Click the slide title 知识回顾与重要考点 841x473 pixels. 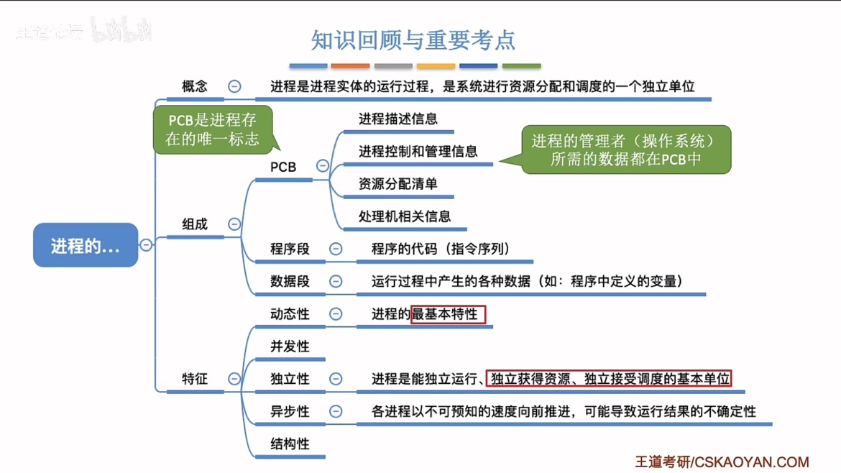[x=413, y=40]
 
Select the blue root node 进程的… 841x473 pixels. [x=85, y=246]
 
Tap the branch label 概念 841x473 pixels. [x=195, y=86]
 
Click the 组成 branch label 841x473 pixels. [x=195, y=224]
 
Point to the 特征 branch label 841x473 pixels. [x=195, y=379]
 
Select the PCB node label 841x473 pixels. [x=283, y=167]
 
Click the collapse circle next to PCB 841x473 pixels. [x=323, y=166]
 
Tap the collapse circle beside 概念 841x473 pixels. [x=234, y=86]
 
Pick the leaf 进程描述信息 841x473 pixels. [x=398, y=119]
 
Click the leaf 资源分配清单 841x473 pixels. [x=398, y=184]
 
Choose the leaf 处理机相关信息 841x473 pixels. [x=405, y=216]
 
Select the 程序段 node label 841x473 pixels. [x=290, y=249]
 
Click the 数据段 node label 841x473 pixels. [x=290, y=282]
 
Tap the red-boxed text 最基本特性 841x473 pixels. [x=448, y=314]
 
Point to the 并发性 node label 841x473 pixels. [x=290, y=346]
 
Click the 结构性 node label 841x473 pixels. [x=290, y=444]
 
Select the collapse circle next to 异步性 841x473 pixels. [x=336, y=411]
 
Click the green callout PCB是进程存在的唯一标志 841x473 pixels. [x=212, y=129]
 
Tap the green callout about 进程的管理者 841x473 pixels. [x=625, y=150]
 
